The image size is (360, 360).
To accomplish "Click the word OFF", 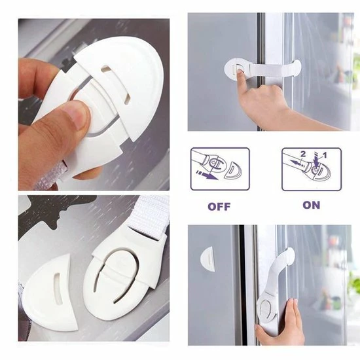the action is point(219,207).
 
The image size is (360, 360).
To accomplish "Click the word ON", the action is point(312,205).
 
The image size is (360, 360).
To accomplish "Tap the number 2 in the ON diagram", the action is point(303,154).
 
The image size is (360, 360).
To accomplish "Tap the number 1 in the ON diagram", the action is point(325,155).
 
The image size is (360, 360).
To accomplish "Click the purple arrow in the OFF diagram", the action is point(206,174).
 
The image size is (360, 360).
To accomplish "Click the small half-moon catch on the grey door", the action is point(207,259).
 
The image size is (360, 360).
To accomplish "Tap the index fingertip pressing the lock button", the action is point(240,73).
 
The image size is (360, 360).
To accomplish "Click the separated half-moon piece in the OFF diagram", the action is point(232,170).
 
